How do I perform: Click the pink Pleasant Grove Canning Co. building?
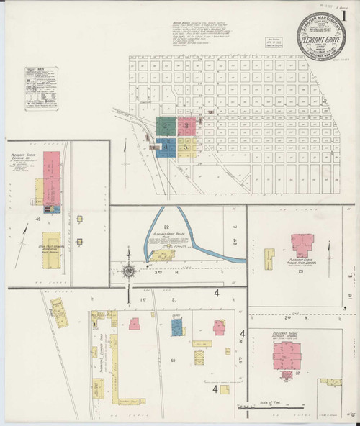click(x=52, y=176)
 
